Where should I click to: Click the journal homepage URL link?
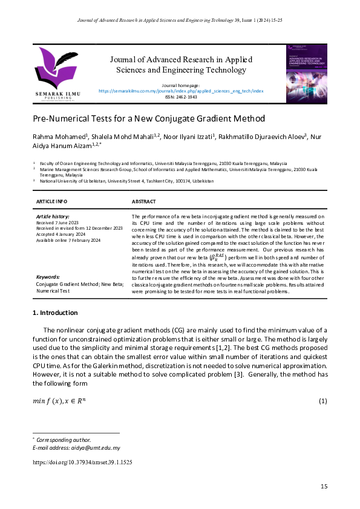pyautogui.click(x=180, y=91)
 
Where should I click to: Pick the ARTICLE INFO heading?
pyautogui.click(x=52, y=201)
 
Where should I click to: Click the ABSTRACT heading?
pyautogui.click(x=144, y=201)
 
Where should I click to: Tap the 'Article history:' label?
pyautogui.click(x=53, y=216)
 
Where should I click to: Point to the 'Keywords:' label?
pyautogui.click(x=48, y=276)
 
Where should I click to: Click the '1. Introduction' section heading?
pyautogui.click(x=54, y=313)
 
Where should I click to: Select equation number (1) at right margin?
pyautogui.click(x=323, y=401)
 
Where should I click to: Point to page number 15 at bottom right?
pyautogui.click(x=324, y=487)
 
